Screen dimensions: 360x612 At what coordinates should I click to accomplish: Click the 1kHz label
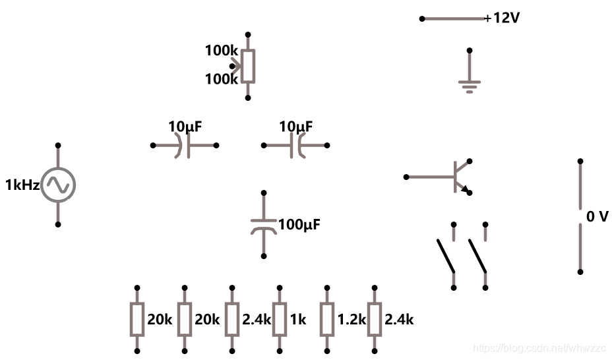pos(22,185)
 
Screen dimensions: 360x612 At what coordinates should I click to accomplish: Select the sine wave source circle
pos(58,185)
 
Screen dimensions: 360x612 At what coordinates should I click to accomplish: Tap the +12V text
pos(502,18)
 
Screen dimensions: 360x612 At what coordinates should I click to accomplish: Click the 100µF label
pos(299,225)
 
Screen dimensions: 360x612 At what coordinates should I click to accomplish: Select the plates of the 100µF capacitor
pos(264,225)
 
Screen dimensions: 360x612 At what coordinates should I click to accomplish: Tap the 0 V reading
pos(597,216)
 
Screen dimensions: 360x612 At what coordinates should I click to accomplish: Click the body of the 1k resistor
pos(280,320)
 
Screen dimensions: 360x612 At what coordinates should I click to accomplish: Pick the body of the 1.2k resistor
pos(327,320)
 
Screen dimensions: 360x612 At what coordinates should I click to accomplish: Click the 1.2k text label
pos(351,320)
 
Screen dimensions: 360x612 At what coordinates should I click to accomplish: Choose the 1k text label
pos(298,320)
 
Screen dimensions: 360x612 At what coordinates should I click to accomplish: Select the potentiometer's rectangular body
pos(248,66)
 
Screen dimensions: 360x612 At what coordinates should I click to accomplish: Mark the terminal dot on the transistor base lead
pos(406,177)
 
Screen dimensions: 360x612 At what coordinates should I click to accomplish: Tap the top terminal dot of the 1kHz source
pos(58,145)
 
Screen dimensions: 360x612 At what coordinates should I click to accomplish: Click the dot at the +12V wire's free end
pos(422,18)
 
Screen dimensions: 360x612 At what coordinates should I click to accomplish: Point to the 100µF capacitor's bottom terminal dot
pos(264,256)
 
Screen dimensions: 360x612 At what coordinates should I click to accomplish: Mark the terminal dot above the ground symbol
pos(470,50)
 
